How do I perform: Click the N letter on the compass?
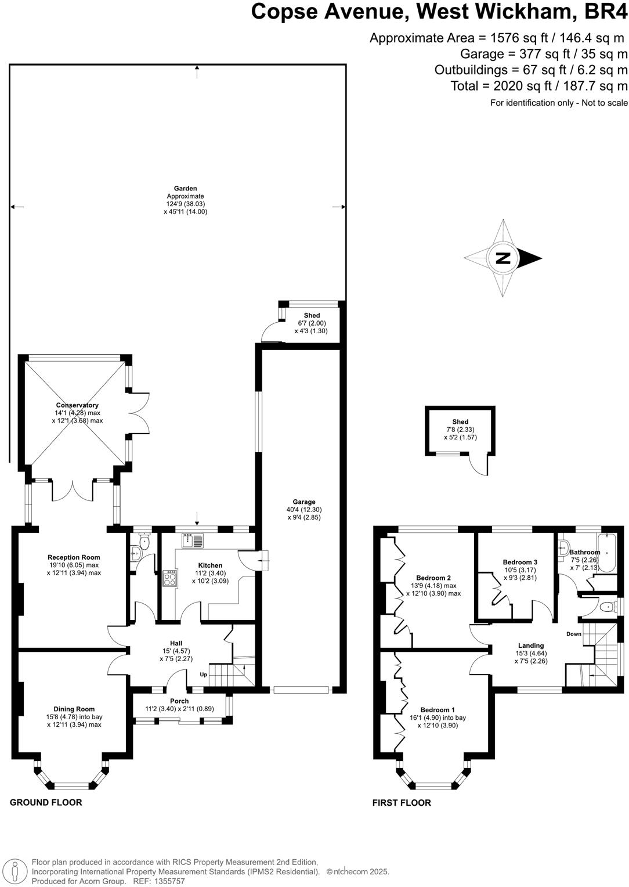pyautogui.click(x=503, y=258)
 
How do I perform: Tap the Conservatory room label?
pyautogui.click(x=77, y=405)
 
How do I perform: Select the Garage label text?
pyautogui.click(x=303, y=502)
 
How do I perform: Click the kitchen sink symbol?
pyautogui.click(x=192, y=541)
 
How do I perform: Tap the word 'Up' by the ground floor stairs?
pyautogui.click(x=203, y=675)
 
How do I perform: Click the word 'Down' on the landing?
pyautogui.click(x=573, y=634)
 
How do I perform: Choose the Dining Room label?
pyautogui.click(x=74, y=709)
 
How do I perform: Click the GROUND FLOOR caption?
pyautogui.click(x=46, y=802)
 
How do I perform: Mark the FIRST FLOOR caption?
pyautogui.click(x=402, y=803)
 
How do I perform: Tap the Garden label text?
pyautogui.click(x=185, y=189)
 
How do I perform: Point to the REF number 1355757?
pyautogui.click(x=168, y=881)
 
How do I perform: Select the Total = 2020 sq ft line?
pyautogui.click(x=539, y=86)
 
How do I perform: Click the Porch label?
pyautogui.click(x=179, y=701)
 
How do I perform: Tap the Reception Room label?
pyautogui.click(x=74, y=557)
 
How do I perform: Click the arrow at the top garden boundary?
pyautogui.click(x=198, y=70)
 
